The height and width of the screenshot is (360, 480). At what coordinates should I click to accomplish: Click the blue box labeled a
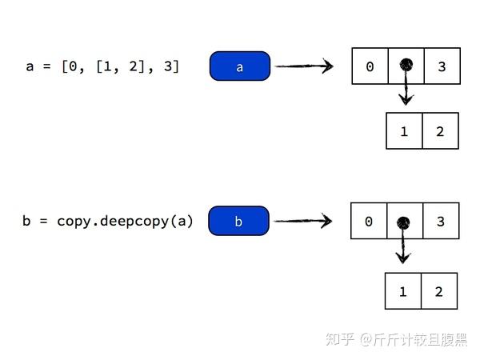[240, 67]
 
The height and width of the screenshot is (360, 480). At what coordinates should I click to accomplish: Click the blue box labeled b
[238, 222]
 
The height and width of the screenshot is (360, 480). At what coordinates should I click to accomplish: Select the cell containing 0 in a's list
[370, 67]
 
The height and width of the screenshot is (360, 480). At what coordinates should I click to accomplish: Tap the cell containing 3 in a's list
[442, 67]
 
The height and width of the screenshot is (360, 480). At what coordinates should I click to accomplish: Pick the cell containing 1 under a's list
[404, 131]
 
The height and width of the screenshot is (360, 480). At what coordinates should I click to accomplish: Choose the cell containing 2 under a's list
[440, 131]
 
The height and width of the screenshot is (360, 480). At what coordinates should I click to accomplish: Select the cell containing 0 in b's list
[368, 221]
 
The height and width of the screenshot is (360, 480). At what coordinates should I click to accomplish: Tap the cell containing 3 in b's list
[441, 221]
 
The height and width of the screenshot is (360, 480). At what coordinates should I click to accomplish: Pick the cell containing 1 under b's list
[402, 291]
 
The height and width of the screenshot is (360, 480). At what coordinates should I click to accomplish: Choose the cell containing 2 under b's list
[438, 291]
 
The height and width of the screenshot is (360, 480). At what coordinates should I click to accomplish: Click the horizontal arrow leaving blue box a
[304, 66]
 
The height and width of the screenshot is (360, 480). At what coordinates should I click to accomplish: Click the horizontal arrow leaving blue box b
[302, 220]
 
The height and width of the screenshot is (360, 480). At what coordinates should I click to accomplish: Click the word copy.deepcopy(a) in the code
[125, 221]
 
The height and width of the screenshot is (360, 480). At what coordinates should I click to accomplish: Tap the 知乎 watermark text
[340, 339]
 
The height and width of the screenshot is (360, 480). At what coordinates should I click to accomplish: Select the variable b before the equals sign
[26, 221]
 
